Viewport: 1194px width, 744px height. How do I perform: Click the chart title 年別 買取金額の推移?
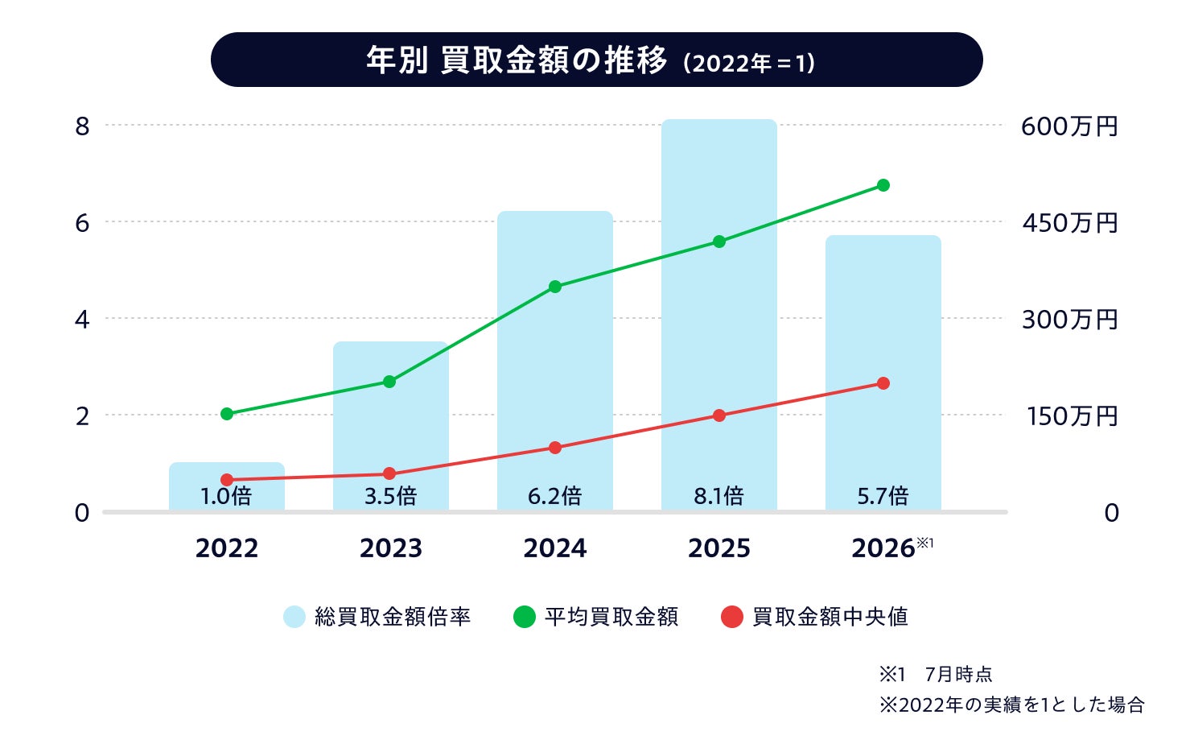click(517, 60)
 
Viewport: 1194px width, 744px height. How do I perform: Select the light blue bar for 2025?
click(719, 315)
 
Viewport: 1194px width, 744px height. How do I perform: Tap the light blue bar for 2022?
click(227, 486)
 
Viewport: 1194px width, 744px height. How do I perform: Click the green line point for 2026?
click(883, 185)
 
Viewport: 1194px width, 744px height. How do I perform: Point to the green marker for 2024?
click(555, 287)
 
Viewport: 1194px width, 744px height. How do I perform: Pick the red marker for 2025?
click(719, 415)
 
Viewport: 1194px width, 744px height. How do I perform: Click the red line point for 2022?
click(227, 479)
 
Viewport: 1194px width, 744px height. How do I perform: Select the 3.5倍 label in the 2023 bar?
click(391, 496)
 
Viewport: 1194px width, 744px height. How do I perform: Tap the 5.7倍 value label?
click(883, 496)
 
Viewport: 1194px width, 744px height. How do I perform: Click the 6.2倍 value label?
click(555, 496)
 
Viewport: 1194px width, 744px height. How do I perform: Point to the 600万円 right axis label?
click(1069, 127)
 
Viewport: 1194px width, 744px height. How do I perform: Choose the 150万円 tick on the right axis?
click(1072, 416)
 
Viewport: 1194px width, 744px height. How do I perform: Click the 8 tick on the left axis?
click(82, 127)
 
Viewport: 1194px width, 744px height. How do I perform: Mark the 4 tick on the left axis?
click(82, 320)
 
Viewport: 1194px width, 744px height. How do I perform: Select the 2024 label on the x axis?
click(555, 548)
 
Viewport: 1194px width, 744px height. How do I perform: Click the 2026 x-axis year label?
click(883, 548)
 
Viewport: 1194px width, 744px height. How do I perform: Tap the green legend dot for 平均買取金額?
click(524, 617)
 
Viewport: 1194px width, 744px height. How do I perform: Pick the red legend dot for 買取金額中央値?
click(732, 617)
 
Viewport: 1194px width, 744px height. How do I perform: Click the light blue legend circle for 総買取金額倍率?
click(294, 617)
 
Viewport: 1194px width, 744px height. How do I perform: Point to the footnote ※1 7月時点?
click(936, 675)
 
